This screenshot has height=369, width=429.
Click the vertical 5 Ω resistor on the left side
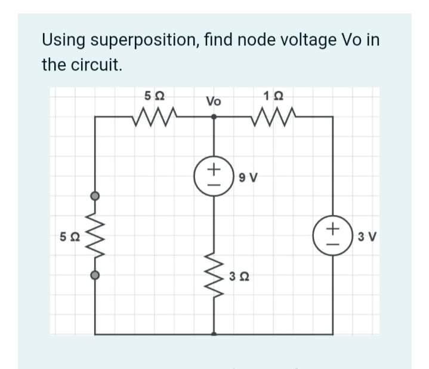pos(94,236)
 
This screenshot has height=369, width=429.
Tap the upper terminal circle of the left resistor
pos(94,195)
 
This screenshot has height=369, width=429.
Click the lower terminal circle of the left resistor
pos(94,275)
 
